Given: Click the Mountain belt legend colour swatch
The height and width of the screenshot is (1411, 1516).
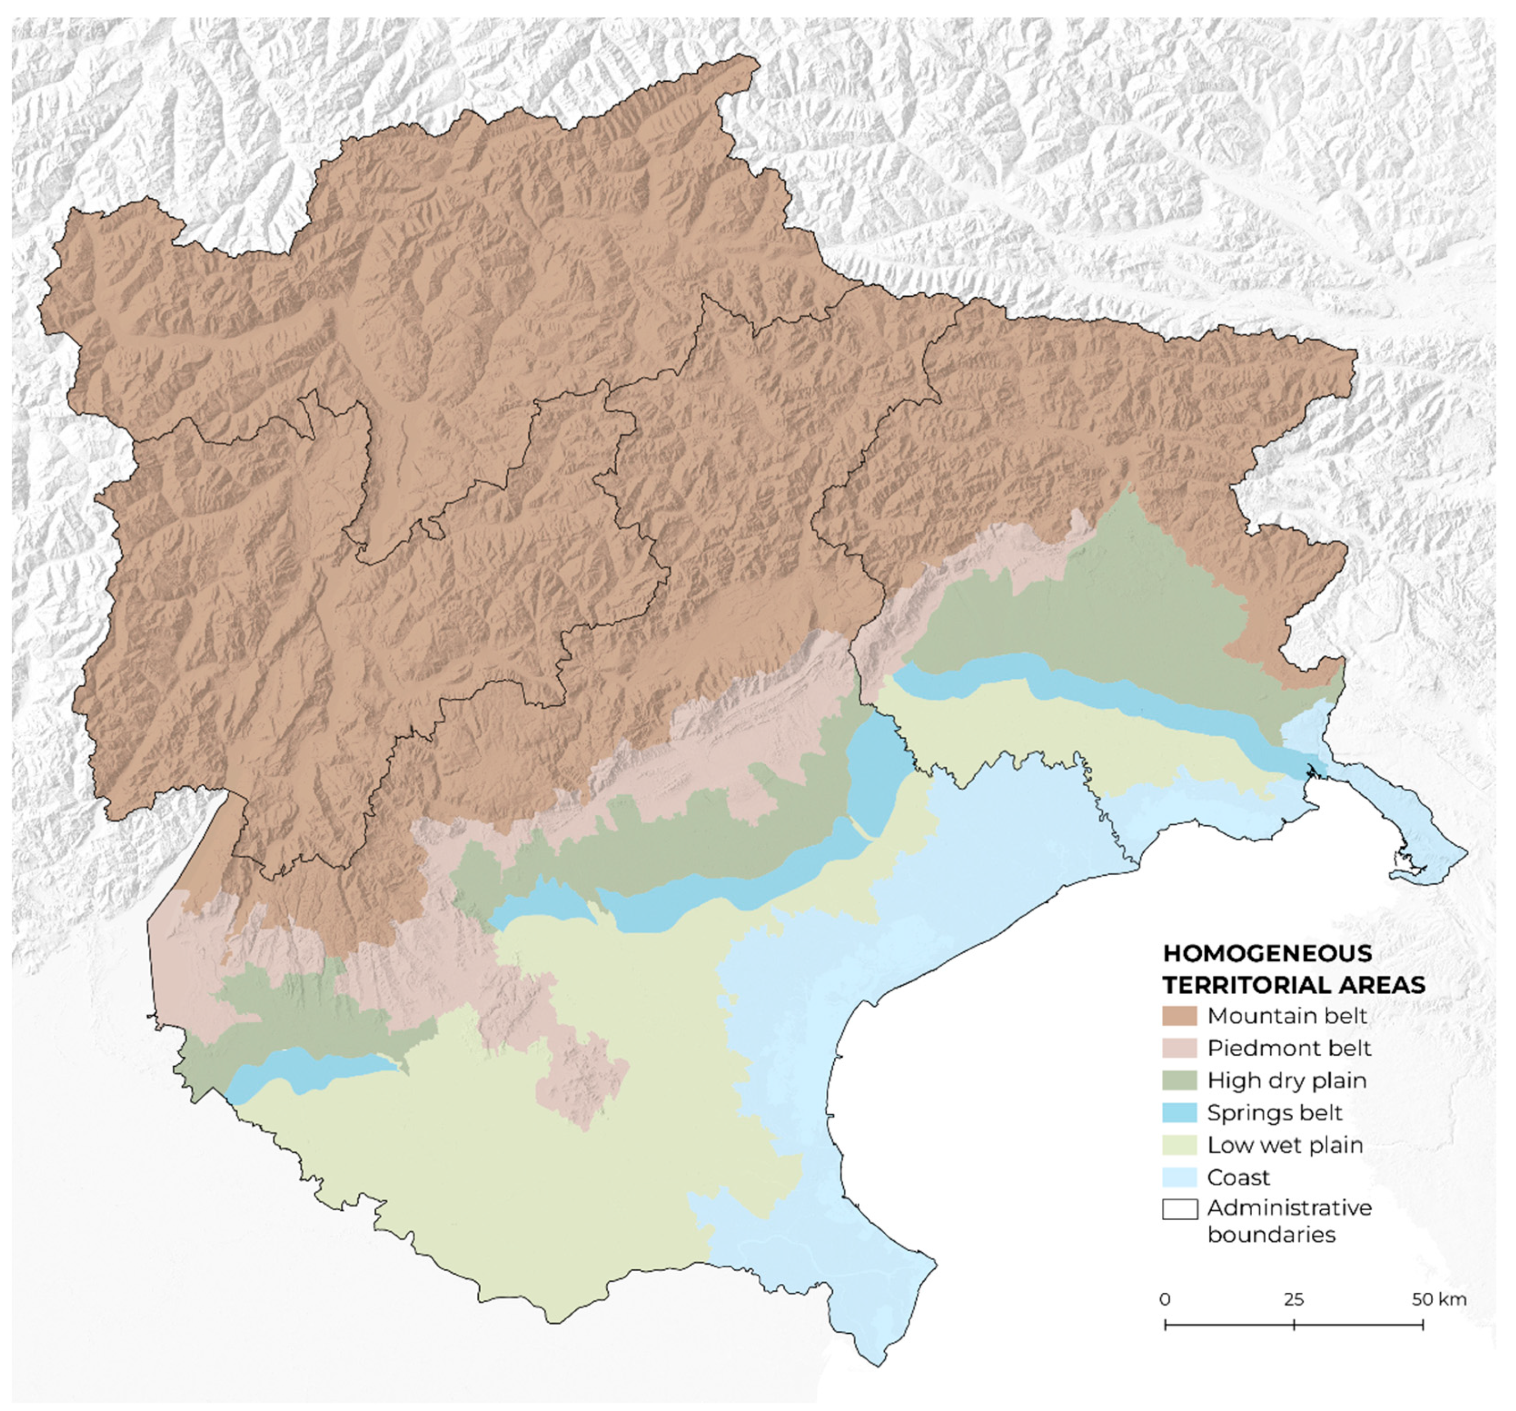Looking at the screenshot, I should pyautogui.click(x=1179, y=1016).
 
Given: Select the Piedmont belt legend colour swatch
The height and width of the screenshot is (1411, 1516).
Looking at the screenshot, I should pyautogui.click(x=1179, y=1048).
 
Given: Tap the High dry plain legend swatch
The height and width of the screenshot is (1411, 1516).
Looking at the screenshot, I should pyautogui.click(x=1179, y=1080).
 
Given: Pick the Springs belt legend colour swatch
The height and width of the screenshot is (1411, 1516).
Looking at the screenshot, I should pyautogui.click(x=1179, y=1113).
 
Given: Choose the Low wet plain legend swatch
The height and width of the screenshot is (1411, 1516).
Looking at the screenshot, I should pyautogui.click(x=1179, y=1145).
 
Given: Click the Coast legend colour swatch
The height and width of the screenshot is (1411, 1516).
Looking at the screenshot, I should pyautogui.click(x=1179, y=1177).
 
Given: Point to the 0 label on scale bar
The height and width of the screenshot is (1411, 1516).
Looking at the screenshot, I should pyautogui.click(x=1165, y=1299).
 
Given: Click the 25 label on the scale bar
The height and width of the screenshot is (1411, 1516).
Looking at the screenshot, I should pyautogui.click(x=1294, y=1299).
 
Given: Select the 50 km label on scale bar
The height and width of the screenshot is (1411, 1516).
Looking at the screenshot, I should pyautogui.click(x=1438, y=1299).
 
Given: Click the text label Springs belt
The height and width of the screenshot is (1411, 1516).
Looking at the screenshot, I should pyautogui.click(x=1274, y=1113).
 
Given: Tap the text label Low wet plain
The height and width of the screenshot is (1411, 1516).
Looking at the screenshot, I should pyautogui.click(x=1285, y=1145).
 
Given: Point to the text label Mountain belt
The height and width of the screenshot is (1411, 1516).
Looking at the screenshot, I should pyautogui.click(x=1287, y=1016).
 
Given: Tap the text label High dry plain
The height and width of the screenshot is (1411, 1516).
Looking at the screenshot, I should pyautogui.click(x=1286, y=1080).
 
